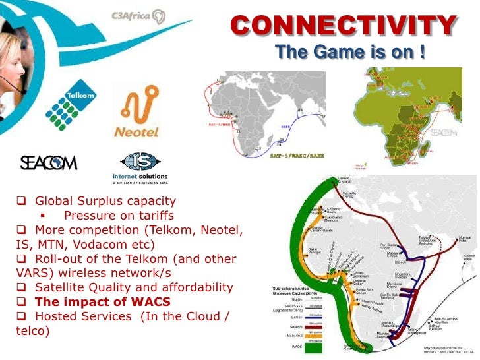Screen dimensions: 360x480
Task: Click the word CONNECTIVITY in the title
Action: (x=343, y=26)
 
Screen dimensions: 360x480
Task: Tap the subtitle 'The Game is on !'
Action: (x=349, y=52)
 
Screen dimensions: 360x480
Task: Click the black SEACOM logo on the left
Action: (x=48, y=163)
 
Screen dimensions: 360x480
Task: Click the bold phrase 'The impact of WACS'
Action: (x=102, y=302)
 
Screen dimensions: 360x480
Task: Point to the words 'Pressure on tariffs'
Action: (x=119, y=216)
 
